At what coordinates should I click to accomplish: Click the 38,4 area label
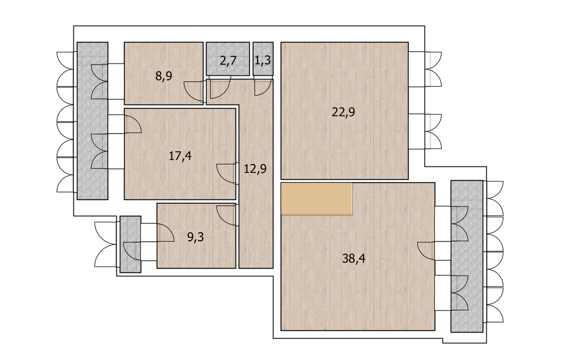(354, 259)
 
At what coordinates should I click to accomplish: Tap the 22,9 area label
(343, 112)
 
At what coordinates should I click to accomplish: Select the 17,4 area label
(180, 156)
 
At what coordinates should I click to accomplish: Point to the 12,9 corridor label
(255, 169)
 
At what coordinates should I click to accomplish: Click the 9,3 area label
(195, 238)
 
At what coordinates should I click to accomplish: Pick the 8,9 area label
(164, 77)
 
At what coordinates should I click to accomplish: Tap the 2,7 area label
(229, 60)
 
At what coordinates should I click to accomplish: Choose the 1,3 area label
(262, 60)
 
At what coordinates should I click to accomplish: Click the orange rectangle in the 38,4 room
(317, 199)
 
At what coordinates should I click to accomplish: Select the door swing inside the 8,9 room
(193, 92)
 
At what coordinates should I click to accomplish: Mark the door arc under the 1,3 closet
(262, 87)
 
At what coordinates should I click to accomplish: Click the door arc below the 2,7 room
(220, 89)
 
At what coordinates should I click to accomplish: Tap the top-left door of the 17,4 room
(132, 125)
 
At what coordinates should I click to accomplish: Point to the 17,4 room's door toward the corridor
(226, 174)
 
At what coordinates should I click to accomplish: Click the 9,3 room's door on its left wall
(166, 232)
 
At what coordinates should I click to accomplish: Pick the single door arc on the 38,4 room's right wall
(426, 251)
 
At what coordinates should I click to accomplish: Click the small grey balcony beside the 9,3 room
(130, 244)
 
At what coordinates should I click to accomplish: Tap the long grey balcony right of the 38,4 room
(467, 257)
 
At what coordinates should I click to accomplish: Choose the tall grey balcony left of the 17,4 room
(92, 121)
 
